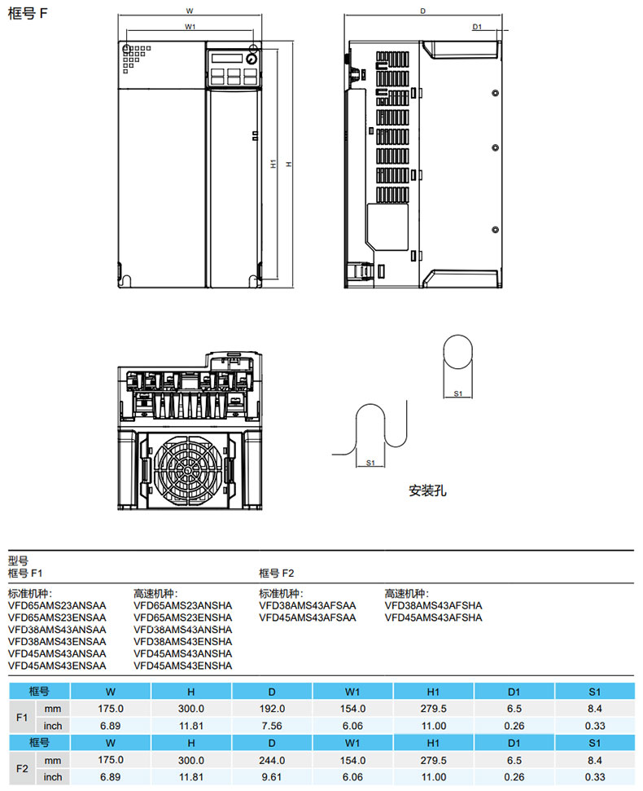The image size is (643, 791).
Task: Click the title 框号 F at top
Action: pos(25,15)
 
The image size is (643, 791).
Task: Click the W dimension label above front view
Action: pos(190,11)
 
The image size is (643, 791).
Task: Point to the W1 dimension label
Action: pos(190,27)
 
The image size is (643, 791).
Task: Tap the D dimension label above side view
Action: pos(423,11)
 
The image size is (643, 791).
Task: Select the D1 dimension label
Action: pos(478,27)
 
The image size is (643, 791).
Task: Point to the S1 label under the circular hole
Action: pos(457,393)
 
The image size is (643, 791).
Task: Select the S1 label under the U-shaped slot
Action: pos(370,463)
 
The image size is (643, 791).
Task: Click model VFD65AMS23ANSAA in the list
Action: pos(57,605)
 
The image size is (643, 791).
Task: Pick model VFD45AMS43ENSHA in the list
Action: pos(182,666)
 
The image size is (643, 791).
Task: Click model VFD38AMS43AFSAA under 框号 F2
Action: pos(308,605)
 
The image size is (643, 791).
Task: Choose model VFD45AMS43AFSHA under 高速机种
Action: pos(433,617)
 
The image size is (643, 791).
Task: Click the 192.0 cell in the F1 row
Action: pos(272,709)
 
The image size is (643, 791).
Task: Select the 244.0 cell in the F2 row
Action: pos(272,760)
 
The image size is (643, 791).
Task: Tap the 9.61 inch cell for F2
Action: pos(272,777)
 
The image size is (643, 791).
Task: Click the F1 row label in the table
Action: pos(23,717)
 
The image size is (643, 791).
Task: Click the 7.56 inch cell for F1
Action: pos(272,726)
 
